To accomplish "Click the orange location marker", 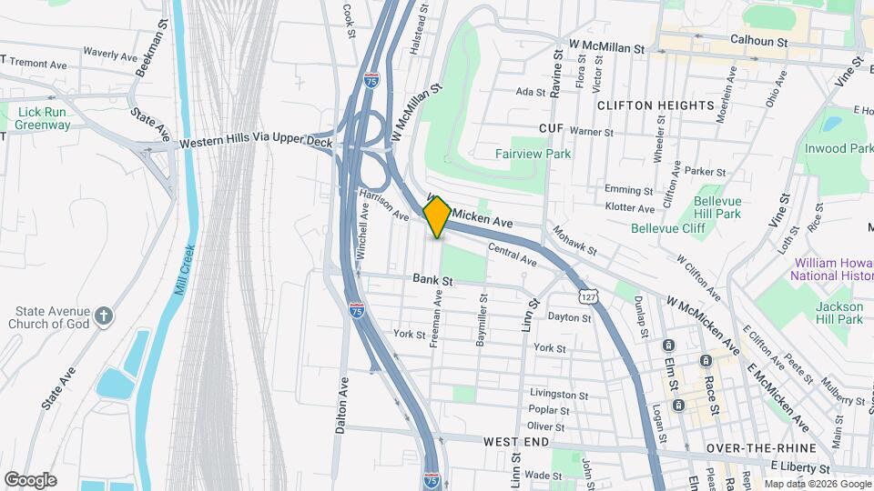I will tap(437, 216).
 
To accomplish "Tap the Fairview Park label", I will tap(533, 154).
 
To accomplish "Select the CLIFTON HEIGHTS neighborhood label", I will tap(655, 105).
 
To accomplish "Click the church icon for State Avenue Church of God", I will tap(105, 316).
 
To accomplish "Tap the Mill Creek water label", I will tap(187, 265).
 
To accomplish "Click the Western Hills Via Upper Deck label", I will tap(256, 143).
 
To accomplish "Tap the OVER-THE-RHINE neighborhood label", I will tap(747, 449).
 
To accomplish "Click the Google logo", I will tap(31, 479).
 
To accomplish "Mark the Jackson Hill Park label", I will tap(838, 313).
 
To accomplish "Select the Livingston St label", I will tap(553, 395).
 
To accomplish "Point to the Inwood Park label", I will tap(838, 148).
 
